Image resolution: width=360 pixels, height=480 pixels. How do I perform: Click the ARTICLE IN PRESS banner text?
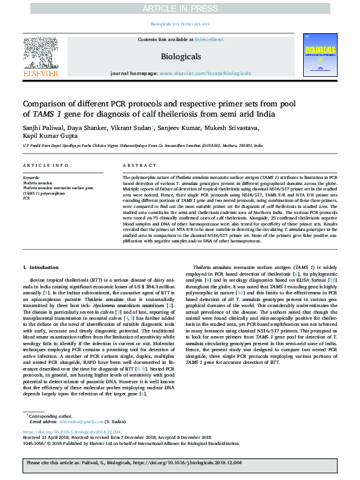click(180, 8)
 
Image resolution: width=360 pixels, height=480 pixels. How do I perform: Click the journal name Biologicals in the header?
click(180, 56)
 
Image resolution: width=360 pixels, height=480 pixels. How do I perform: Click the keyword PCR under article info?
click(27, 198)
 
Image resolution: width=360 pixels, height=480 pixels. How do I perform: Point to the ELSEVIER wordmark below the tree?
click(40, 73)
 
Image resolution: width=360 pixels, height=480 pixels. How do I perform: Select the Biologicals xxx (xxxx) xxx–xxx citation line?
click(180, 24)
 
